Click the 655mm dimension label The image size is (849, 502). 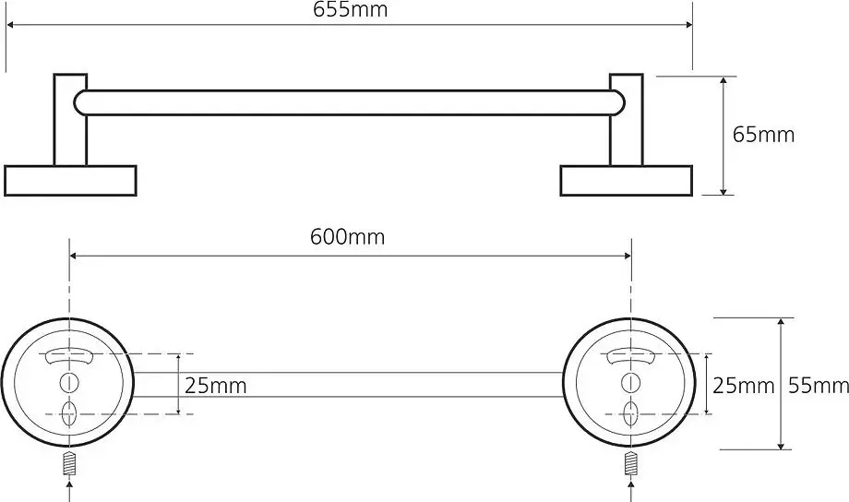tap(350, 10)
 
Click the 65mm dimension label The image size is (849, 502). tap(763, 135)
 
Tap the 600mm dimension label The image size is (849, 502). tap(347, 236)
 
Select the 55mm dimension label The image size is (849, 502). tap(819, 386)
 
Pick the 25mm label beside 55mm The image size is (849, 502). tap(743, 386)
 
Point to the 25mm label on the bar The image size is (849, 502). tap(215, 386)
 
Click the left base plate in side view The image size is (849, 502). tap(70, 180)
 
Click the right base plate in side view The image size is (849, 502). tap(626, 180)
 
